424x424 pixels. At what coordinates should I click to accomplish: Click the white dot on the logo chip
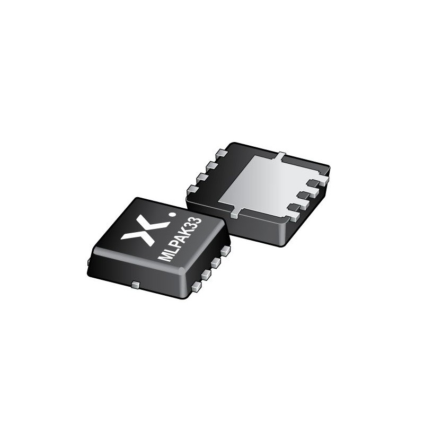pyautogui.click(x=171, y=215)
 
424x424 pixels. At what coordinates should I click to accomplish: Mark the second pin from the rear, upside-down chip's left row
pyautogui.click(x=212, y=165)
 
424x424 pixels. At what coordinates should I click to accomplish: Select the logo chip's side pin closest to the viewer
pyautogui.click(x=197, y=286)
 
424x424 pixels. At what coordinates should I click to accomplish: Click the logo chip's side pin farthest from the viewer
pyautogui.click(x=225, y=250)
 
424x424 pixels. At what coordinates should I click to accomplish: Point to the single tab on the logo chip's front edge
pyautogui.click(x=135, y=285)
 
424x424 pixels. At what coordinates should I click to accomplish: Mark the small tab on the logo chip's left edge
pyautogui.click(x=89, y=261)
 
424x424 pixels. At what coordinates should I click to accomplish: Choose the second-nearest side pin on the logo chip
pyautogui.click(x=206, y=273)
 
